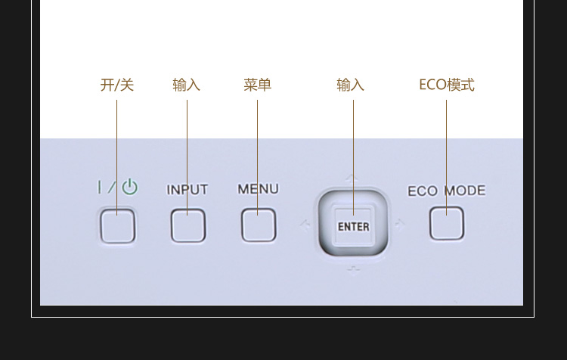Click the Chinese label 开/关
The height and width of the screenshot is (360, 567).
[117, 85]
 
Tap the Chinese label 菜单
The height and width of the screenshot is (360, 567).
[257, 85]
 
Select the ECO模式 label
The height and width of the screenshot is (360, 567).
[446, 85]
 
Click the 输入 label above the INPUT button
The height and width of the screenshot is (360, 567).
[187, 85]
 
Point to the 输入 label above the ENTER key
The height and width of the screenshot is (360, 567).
[350, 85]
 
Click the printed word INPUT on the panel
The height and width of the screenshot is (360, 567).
[187, 190]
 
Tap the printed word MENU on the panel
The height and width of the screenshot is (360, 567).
[258, 189]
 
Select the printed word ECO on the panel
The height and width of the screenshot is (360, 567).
[423, 191]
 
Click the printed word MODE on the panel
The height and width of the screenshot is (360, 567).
[464, 191]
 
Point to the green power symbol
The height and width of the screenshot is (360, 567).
[130, 187]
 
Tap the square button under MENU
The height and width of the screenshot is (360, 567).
[259, 225]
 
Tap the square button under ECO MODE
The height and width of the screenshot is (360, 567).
[447, 224]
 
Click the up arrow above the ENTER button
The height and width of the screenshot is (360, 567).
[352, 178]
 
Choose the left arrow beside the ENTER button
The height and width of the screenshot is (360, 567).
[305, 224]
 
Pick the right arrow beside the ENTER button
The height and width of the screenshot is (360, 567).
[400, 223]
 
